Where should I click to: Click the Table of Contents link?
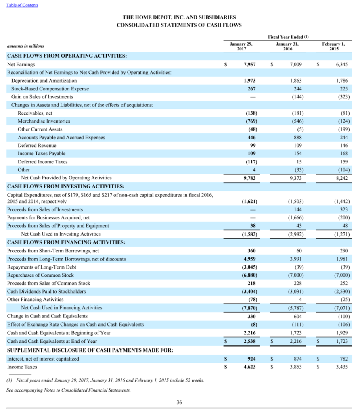22,5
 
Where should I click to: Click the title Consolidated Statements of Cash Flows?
179,25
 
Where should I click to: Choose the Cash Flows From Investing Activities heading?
66,186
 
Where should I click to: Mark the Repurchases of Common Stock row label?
40,275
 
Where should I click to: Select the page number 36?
179,402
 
